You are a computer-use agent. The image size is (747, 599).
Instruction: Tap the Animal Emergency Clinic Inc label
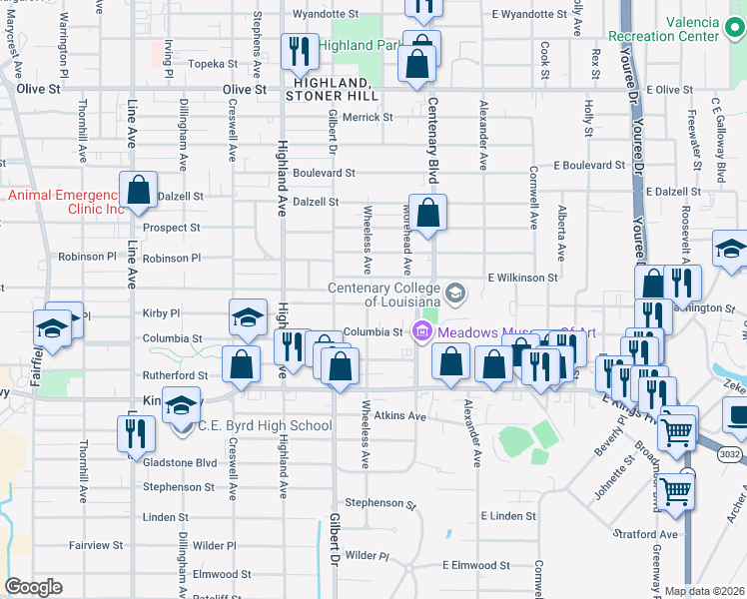66,202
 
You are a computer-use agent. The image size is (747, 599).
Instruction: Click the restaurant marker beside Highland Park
299,50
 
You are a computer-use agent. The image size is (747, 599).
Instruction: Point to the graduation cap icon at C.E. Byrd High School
181,406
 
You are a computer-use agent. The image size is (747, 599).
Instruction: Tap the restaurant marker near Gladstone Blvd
135,433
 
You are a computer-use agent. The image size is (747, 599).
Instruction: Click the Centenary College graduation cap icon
455,293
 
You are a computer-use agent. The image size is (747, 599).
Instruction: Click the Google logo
34,587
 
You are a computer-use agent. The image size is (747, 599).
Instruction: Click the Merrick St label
368,117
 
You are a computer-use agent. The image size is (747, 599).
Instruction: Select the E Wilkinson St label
521,277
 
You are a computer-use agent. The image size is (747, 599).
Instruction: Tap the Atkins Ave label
401,415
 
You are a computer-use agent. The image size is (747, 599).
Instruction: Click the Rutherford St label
175,375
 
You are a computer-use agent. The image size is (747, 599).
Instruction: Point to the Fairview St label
96,545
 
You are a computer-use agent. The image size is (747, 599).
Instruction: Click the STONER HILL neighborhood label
332,96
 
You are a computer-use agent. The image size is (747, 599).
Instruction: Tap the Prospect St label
171,228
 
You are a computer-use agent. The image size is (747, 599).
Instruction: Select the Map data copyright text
704,591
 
